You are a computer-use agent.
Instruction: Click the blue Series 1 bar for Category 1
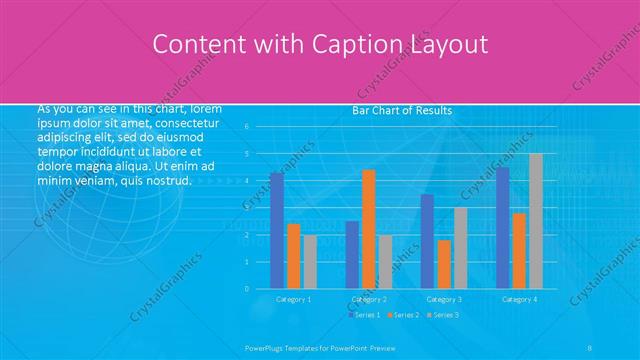277,230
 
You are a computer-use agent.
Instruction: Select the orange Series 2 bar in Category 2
369,229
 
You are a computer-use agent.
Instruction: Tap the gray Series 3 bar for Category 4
536,221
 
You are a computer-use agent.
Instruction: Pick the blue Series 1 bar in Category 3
427,241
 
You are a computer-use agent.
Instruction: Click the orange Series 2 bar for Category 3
444,264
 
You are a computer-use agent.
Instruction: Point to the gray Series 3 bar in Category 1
311,262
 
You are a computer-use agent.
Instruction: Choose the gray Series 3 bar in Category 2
386,262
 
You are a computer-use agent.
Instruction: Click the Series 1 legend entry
365,315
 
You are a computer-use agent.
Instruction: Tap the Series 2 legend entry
402,315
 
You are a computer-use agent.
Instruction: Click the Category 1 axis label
294,299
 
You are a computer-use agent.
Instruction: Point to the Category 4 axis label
519,299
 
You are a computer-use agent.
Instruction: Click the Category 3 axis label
444,299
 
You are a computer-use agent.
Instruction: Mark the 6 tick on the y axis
247,127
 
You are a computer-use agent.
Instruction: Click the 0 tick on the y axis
247,289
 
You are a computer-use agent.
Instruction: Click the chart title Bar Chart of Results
402,110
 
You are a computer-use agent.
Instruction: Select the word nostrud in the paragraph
167,181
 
